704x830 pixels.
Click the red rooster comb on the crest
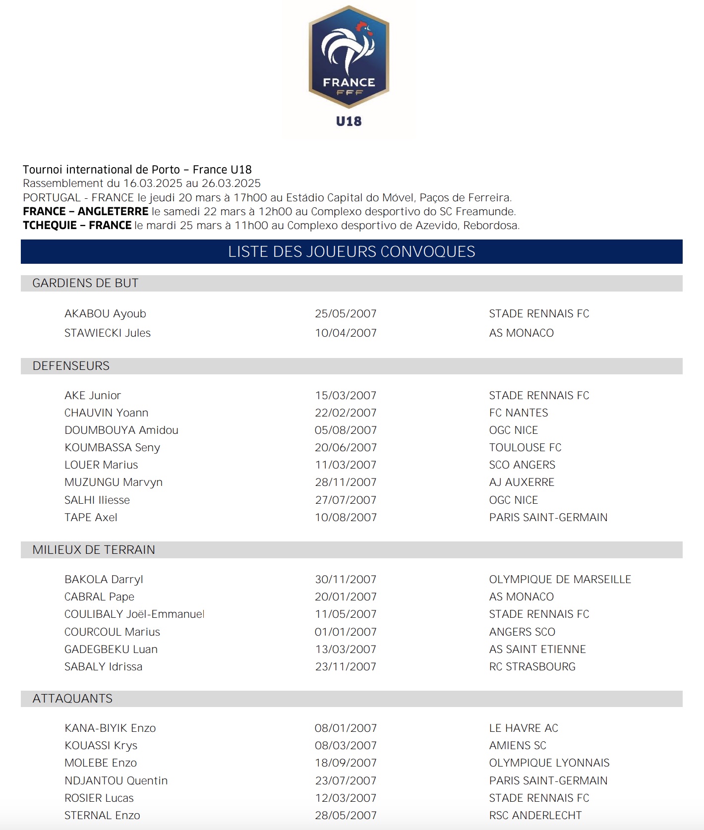tap(363, 26)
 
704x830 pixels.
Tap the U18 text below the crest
tap(349, 121)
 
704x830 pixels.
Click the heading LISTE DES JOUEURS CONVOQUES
tap(352, 252)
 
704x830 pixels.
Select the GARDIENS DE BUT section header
tap(85, 283)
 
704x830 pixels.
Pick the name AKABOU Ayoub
tap(105, 314)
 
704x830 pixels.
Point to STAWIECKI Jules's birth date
tap(346, 333)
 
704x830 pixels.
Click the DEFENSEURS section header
tap(71, 366)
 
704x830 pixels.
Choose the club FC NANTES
tap(519, 413)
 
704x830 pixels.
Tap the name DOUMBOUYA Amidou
tap(121, 430)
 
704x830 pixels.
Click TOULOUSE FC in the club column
tap(525, 448)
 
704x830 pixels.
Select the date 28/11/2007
tap(346, 482)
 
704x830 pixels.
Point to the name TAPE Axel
tap(91, 518)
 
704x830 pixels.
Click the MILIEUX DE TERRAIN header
tap(94, 550)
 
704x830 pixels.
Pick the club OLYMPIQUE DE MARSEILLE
tap(560, 580)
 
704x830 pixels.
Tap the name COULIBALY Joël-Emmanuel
tap(134, 614)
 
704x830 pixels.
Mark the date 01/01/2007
tap(346, 632)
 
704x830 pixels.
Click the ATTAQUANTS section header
tap(72, 699)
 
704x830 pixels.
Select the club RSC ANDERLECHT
tap(535, 816)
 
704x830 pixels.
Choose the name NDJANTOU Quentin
tap(116, 781)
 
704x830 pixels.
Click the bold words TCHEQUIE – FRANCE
tap(77, 226)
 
